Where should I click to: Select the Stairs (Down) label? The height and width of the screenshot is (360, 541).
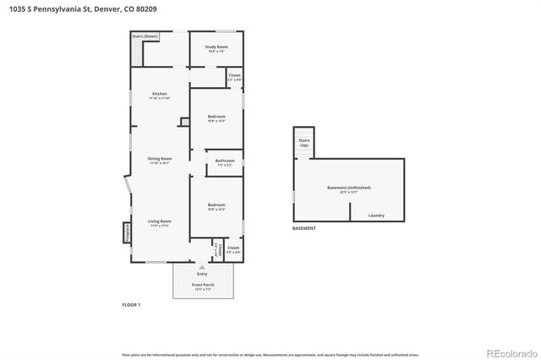tap(145, 37)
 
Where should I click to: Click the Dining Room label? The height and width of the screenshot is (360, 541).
tap(161, 161)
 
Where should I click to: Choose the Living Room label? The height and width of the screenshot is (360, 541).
tap(160, 223)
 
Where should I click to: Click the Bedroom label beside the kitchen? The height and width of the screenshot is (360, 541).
tap(216, 117)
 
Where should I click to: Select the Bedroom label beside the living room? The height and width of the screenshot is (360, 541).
tap(216, 206)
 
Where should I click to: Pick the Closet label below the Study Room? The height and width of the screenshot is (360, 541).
tap(234, 77)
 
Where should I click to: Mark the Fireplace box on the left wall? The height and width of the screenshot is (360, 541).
tap(128, 232)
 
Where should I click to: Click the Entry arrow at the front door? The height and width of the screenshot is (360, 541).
tap(202, 265)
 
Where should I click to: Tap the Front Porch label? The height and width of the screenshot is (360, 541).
tap(202, 286)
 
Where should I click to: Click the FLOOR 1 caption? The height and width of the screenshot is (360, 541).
tap(132, 304)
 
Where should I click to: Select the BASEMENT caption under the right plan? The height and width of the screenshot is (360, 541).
tap(303, 229)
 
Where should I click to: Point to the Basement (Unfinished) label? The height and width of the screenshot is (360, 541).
tap(349, 188)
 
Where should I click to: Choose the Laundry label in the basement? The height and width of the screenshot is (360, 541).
tap(376, 215)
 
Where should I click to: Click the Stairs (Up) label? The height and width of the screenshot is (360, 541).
tap(304, 143)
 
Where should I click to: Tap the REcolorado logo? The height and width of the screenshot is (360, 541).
tap(511, 352)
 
